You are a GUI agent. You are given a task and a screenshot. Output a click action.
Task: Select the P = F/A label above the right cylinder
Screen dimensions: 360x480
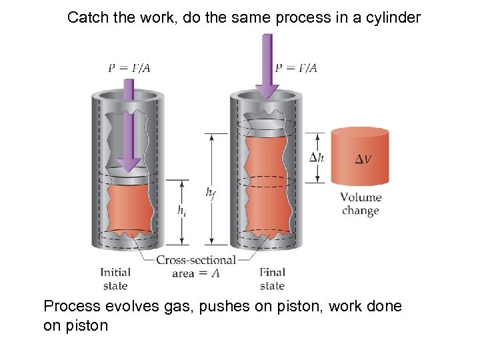[x=296, y=67]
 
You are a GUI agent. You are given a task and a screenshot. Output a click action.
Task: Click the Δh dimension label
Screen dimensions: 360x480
[x=317, y=157]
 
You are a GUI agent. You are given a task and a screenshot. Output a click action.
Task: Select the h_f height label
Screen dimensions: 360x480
[x=211, y=193]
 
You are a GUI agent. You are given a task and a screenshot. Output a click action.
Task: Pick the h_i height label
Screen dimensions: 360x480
[x=181, y=211]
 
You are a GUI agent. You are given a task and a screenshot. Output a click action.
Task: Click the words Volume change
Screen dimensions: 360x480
[x=361, y=204]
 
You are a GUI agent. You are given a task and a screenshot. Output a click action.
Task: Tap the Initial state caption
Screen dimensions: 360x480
[x=115, y=279]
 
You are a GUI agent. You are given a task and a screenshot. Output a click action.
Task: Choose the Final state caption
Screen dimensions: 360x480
[x=272, y=279]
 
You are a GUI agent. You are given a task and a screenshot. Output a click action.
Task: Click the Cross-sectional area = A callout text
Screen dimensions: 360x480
[x=195, y=266]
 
